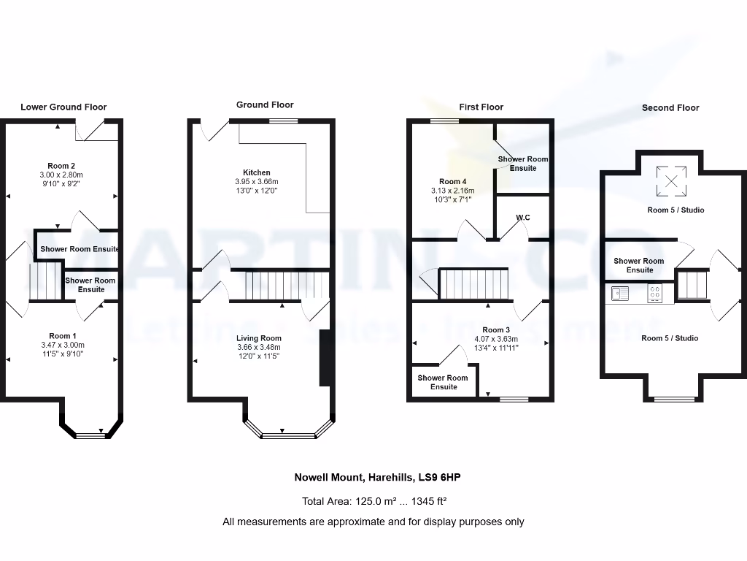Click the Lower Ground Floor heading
(63, 107)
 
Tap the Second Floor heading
(670, 107)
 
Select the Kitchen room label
(256, 172)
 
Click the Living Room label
(258, 338)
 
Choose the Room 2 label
(62, 166)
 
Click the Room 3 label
(495, 330)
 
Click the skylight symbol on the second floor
(671, 181)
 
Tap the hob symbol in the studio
(655, 293)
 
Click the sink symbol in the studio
(620, 293)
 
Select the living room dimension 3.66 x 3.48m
(258, 347)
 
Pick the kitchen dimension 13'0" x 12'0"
(256, 190)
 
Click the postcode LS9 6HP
(438, 478)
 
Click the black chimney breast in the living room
(326, 357)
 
